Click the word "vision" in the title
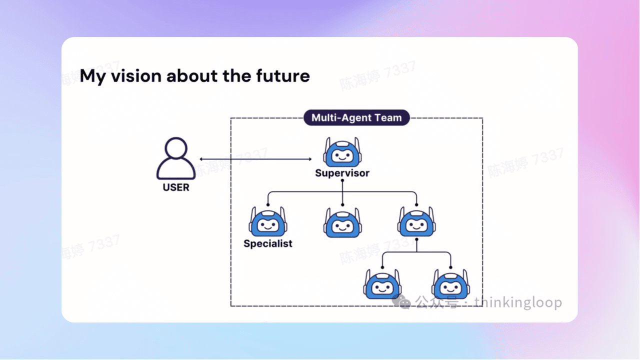134,76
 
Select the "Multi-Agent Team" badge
356,118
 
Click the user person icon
176,159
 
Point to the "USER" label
176,188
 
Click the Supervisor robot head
342,152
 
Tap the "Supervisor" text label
342,173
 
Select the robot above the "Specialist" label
268,222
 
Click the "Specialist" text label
268,244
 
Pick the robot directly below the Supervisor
342,222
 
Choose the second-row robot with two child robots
417,222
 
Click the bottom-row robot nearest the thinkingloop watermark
451,284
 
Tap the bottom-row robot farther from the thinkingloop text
382,284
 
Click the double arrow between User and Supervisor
255,159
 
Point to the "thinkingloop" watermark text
518,302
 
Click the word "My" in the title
93,76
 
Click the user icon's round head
176,148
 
